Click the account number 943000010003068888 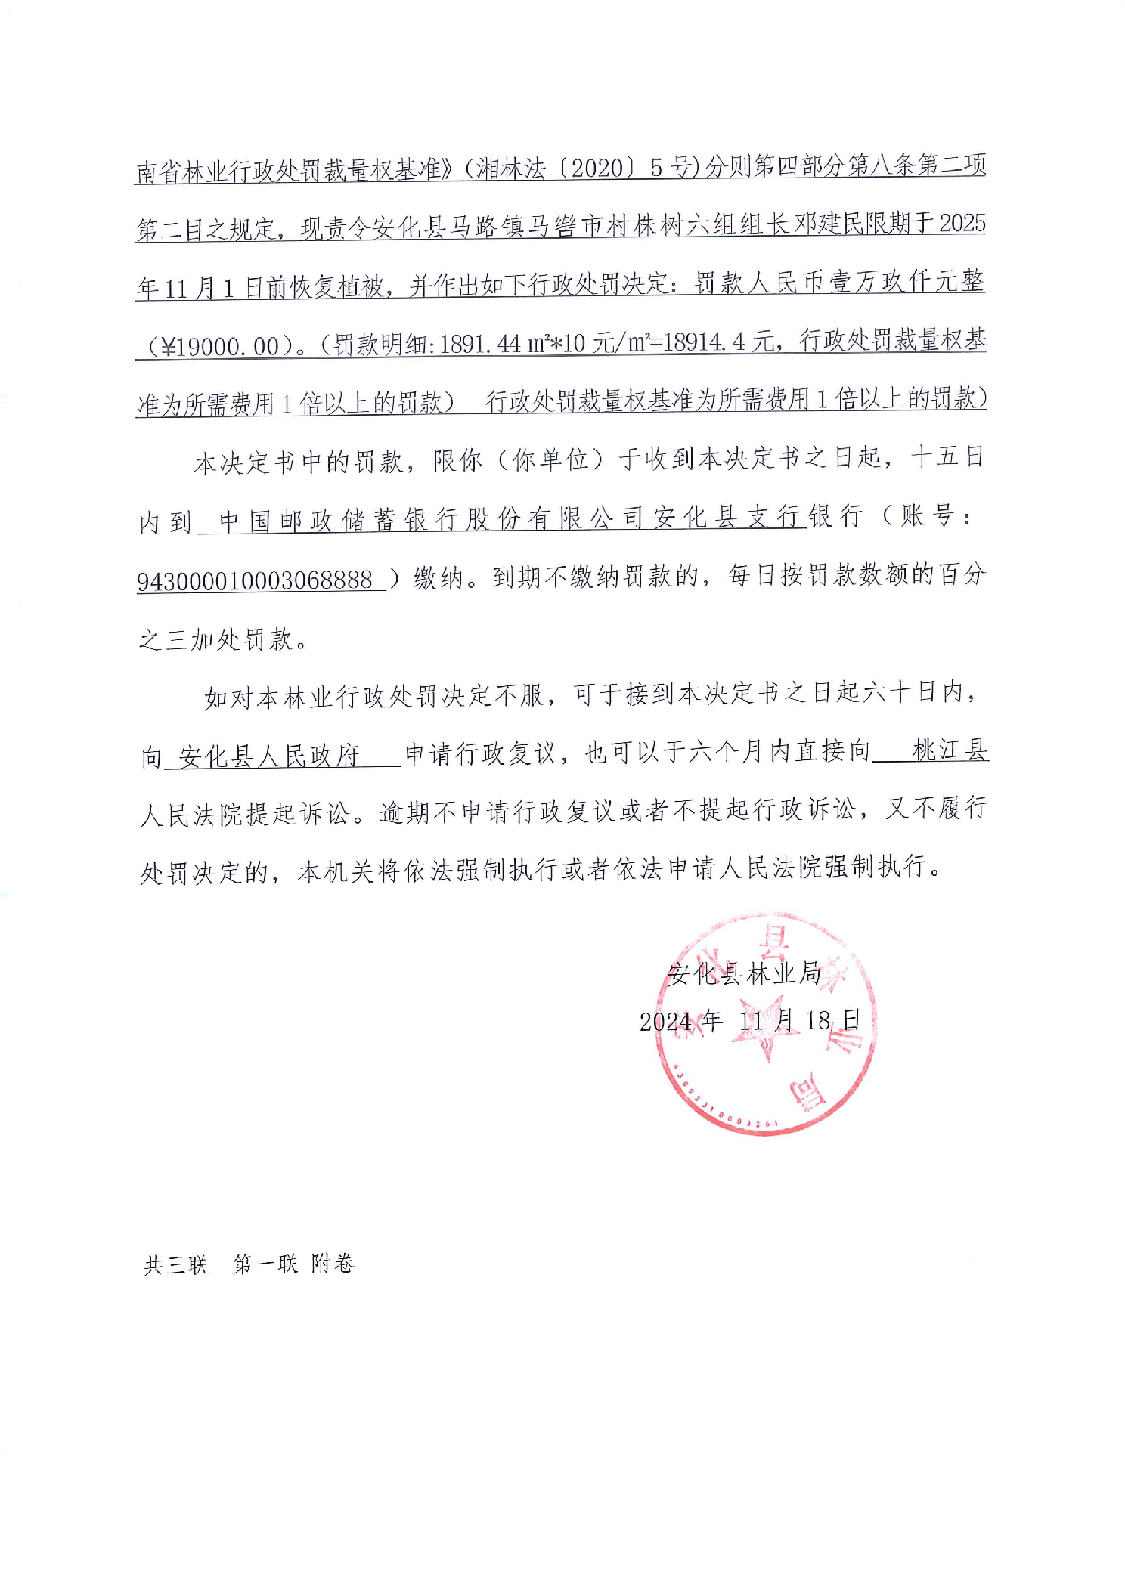255,580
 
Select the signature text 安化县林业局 744,973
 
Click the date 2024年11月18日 749,1021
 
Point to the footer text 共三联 175,1264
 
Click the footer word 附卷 333,1264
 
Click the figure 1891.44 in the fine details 479,344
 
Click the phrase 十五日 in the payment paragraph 948,457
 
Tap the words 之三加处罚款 215,640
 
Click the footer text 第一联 265,1264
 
